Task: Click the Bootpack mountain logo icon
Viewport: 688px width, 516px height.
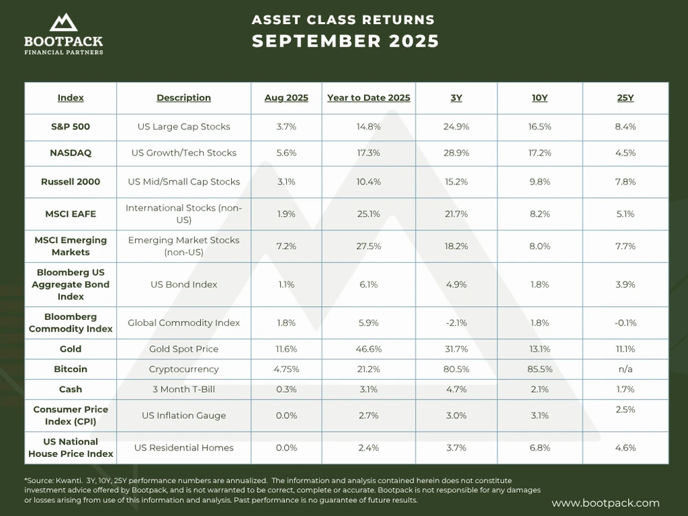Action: pos(63,23)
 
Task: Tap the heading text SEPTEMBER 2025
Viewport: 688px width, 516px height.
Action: pos(345,41)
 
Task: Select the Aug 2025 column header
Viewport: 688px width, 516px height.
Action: pos(286,98)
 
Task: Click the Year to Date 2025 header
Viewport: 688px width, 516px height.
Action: pos(369,98)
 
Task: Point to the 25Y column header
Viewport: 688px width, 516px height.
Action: pos(625,98)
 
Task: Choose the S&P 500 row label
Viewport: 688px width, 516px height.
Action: pos(70,127)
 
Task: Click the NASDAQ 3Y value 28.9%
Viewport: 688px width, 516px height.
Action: pos(456,153)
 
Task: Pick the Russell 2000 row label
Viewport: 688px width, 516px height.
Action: pos(70,182)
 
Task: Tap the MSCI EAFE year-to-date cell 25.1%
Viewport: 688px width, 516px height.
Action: pos(369,214)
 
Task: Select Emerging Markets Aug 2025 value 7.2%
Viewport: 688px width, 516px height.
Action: pos(286,246)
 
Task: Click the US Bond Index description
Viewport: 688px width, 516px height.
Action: pos(184,284)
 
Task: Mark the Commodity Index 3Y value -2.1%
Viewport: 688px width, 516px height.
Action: pos(456,323)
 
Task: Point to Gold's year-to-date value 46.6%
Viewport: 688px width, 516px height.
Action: pos(369,350)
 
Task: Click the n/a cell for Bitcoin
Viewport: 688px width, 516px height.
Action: pos(625,369)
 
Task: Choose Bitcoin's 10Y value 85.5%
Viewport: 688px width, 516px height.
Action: pos(539,369)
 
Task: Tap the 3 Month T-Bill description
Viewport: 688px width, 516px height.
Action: pos(184,389)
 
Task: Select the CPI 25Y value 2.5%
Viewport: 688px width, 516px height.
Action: pos(625,410)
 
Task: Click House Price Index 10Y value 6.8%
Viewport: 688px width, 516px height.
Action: pos(539,448)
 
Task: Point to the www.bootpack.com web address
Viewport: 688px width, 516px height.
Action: pos(605,504)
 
